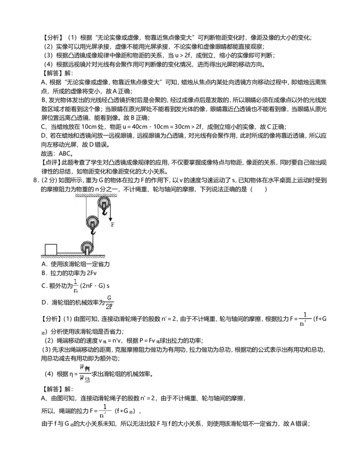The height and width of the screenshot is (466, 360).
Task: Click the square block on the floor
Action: click(51, 249)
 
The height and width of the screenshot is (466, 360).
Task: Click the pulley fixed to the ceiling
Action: click(104, 203)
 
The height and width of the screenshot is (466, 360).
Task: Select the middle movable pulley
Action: click(93, 222)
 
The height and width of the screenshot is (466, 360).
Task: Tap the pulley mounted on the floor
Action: click(87, 247)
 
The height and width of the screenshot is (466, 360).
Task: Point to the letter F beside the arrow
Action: click(112, 224)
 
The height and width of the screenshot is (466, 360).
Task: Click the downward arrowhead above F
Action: click(110, 219)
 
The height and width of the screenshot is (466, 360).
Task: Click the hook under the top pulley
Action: click(104, 212)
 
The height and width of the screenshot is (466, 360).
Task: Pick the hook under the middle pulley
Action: click(93, 231)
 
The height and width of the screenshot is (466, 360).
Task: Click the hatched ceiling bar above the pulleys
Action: click(96, 195)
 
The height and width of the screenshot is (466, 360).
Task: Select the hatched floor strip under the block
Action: click(72, 257)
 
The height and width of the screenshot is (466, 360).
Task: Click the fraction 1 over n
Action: click(76, 286)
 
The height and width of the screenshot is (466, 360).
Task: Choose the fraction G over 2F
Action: click(108, 302)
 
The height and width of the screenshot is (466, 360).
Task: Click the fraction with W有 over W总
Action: click(85, 373)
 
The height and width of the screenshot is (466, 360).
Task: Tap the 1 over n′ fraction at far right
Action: click(304, 319)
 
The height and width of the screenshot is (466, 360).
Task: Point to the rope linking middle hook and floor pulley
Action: click(93, 238)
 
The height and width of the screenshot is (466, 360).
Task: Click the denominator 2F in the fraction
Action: click(108, 308)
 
